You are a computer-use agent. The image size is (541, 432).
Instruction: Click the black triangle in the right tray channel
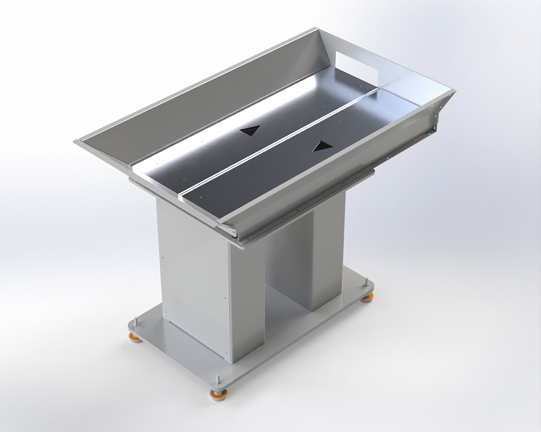323,146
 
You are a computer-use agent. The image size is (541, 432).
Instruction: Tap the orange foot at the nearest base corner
218,394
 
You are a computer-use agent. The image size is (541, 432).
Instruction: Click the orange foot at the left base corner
136,338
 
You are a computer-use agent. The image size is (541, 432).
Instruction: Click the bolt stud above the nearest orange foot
218,380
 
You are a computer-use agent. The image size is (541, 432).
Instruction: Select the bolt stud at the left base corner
136,326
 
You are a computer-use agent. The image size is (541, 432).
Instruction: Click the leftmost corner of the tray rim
76,142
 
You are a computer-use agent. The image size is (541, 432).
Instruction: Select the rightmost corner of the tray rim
454,91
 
